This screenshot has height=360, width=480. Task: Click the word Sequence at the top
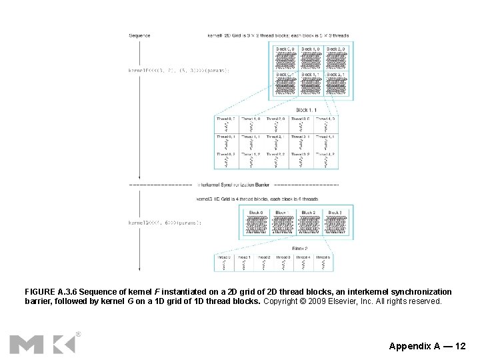(139, 35)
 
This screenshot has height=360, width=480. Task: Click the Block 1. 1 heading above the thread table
(307, 109)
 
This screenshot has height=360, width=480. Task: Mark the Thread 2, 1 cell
(276, 141)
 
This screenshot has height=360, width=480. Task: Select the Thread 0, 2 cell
(226, 159)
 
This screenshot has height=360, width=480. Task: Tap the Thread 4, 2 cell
(326, 159)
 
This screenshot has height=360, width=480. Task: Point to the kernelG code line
(165, 222)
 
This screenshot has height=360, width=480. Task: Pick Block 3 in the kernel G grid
(335, 222)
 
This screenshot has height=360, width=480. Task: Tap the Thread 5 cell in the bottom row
(323, 262)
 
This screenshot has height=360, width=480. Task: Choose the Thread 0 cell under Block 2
(225, 262)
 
